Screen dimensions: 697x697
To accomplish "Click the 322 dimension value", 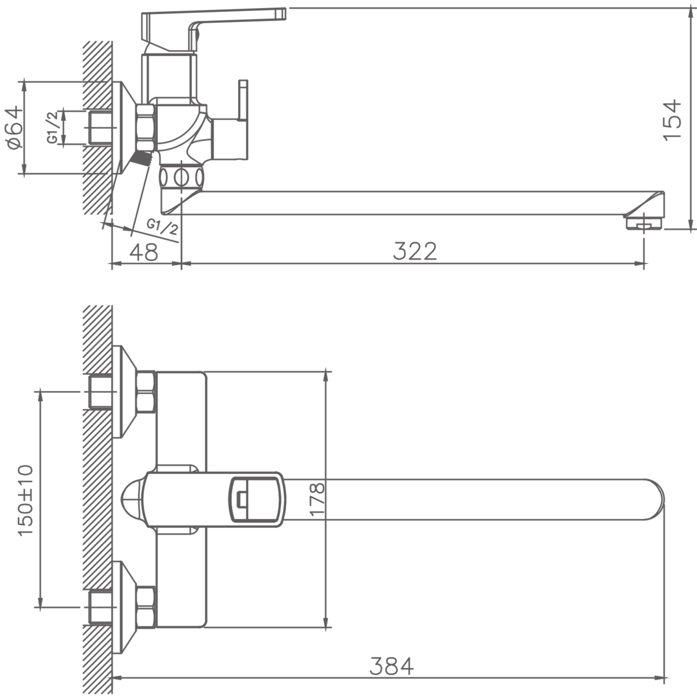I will [x=414, y=251].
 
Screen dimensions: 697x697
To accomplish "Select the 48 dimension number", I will [x=143, y=251].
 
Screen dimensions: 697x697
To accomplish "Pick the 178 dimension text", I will [x=317, y=499].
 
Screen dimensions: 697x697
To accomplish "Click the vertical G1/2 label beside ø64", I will [x=54, y=128].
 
